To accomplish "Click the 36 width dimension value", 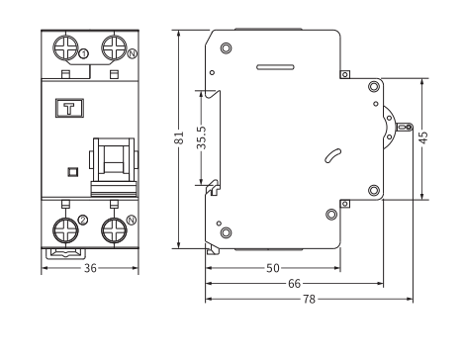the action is tap(90, 268).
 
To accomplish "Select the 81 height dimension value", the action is tap(179, 138).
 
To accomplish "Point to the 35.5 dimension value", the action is tap(202, 137).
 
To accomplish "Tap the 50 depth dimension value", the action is tap(273, 268).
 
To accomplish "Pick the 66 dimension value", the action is tap(295, 283).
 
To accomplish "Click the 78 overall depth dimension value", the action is tap(310, 299).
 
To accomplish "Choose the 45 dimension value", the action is tap(423, 137).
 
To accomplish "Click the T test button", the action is tap(69, 108).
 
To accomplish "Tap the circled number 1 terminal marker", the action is tap(84, 53).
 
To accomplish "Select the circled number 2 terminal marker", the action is tap(83, 220).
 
